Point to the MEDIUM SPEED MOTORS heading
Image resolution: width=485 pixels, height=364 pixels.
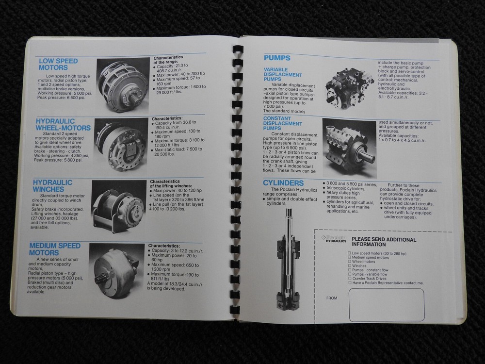(54, 249)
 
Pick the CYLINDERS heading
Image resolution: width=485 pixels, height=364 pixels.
(284, 183)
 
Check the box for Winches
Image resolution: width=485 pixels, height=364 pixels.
(350, 265)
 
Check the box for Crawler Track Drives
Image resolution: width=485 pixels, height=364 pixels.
(350, 279)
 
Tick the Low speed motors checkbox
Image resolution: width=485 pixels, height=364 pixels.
(350, 253)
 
